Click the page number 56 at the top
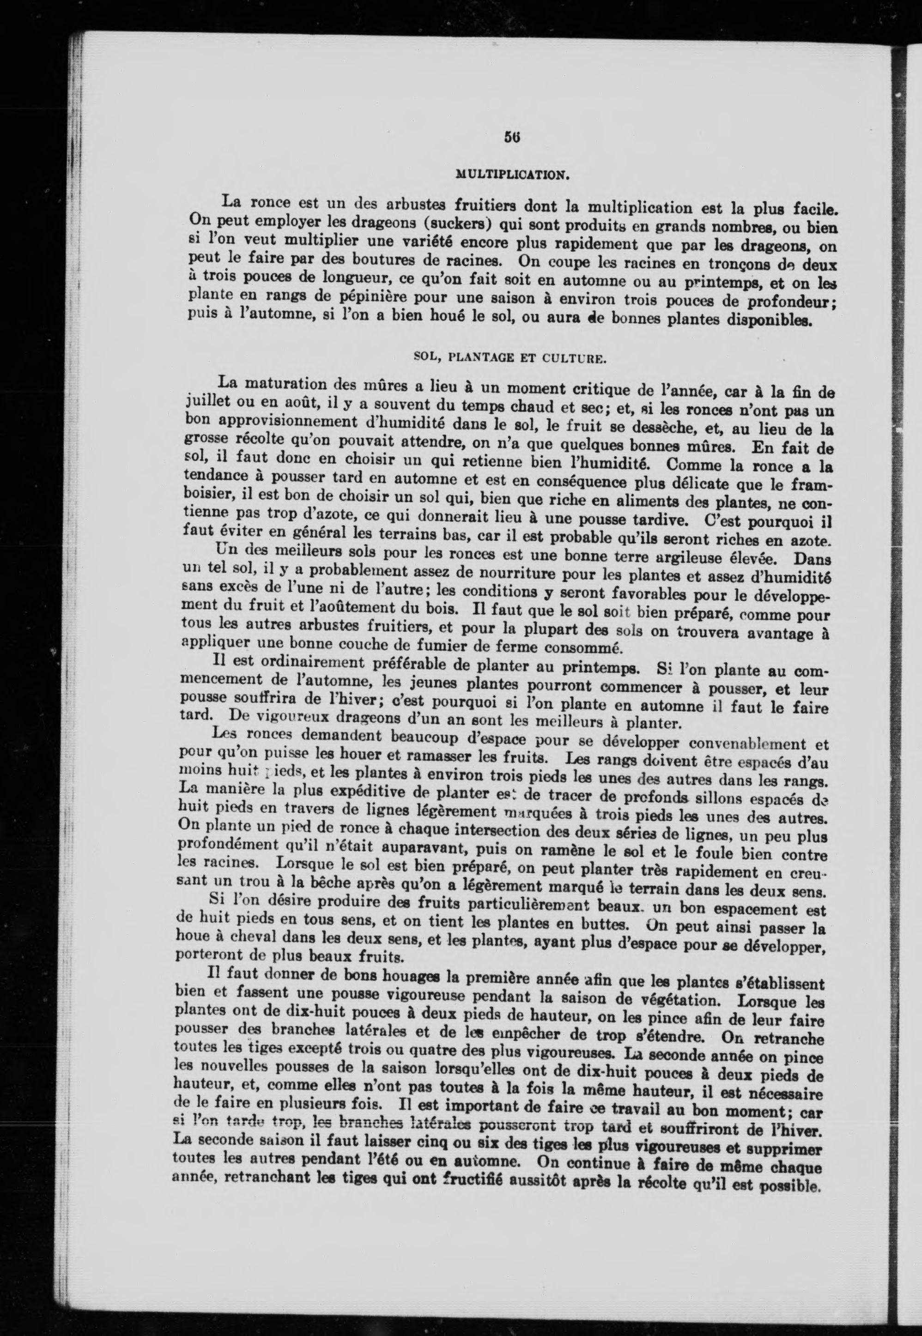(512, 138)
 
